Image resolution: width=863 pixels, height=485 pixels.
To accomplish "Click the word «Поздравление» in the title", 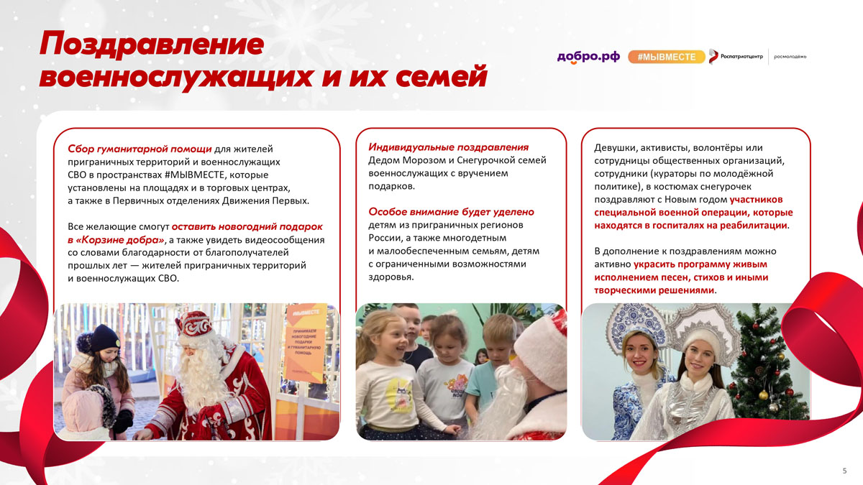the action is pyautogui.click(x=152, y=45).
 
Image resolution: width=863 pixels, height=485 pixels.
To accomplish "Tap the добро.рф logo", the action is pyautogui.click(x=588, y=57).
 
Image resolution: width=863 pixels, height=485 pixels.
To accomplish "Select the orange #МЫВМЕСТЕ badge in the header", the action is pyautogui.click(x=667, y=57).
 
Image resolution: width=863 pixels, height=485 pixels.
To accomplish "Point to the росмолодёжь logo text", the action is pyautogui.click(x=790, y=57).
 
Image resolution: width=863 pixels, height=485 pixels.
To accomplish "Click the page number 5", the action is pyautogui.click(x=844, y=471).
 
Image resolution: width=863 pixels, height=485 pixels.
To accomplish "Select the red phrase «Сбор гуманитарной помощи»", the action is pyautogui.click(x=140, y=149).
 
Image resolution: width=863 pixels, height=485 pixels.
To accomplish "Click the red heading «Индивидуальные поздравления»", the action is pyautogui.click(x=449, y=147).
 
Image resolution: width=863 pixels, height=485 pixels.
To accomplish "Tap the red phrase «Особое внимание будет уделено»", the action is pyautogui.click(x=451, y=212).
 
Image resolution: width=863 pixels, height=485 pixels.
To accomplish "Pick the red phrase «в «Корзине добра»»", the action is pyautogui.click(x=116, y=240).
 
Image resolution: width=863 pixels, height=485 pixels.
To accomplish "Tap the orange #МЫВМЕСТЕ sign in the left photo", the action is pyautogui.click(x=305, y=343).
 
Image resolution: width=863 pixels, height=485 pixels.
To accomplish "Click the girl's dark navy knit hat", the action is pyautogui.click(x=105, y=338).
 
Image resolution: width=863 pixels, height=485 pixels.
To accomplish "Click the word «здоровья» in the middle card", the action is pyautogui.click(x=391, y=277).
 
